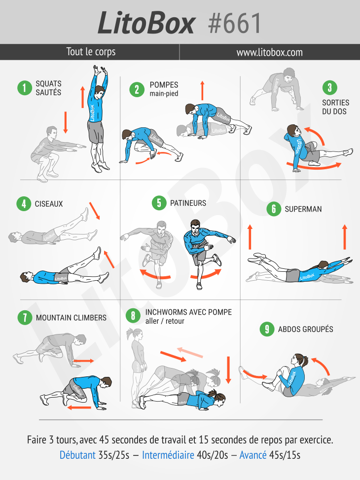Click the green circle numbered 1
click(25, 88)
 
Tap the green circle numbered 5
click(159, 203)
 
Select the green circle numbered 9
click(267, 329)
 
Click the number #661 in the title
click(235, 23)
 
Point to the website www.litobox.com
click(269, 52)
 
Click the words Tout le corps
click(91, 52)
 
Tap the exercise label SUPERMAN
click(303, 209)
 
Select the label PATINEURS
click(188, 203)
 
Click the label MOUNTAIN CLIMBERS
click(71, 318)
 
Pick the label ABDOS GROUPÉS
click(306, 329)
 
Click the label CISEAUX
click(49, 204)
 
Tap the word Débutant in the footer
click(77, 455)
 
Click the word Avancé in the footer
click(253, 455)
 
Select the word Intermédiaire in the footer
click(168, 455)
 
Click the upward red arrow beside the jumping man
click(82, 97)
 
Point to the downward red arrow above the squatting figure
click(66, 122)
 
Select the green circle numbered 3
click(330, 88)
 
